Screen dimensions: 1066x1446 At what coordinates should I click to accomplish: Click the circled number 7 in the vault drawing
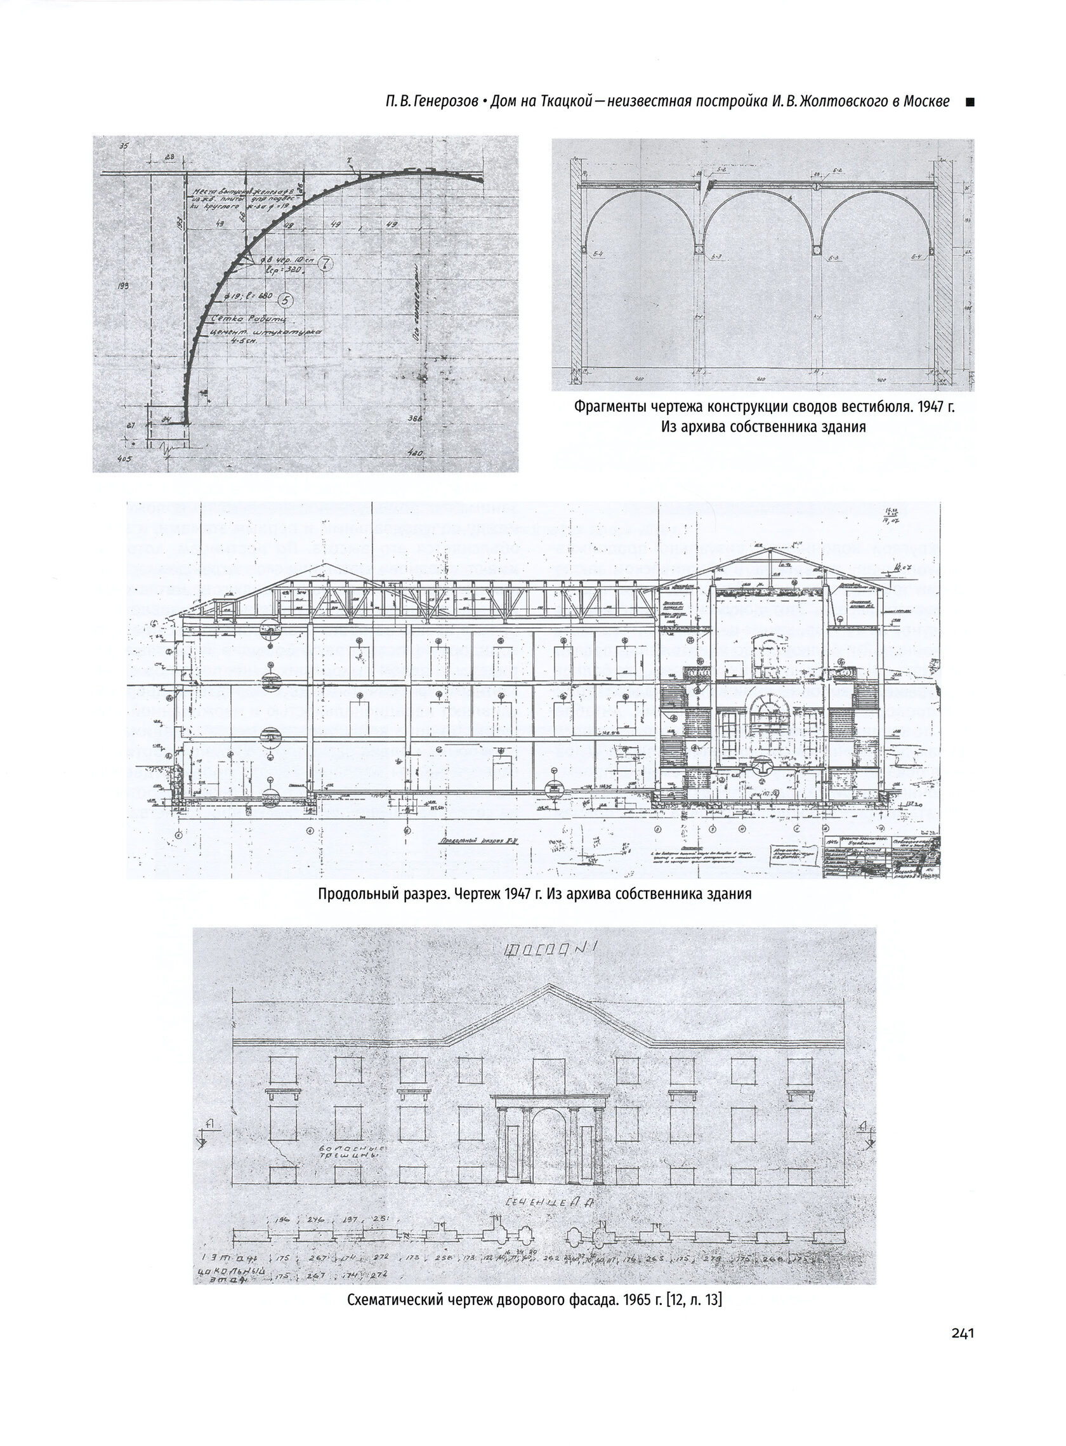(326, 264)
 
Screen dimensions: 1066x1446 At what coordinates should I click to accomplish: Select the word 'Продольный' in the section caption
(354, 895)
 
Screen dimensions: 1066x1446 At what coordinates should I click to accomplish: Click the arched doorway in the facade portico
(548, 1146)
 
